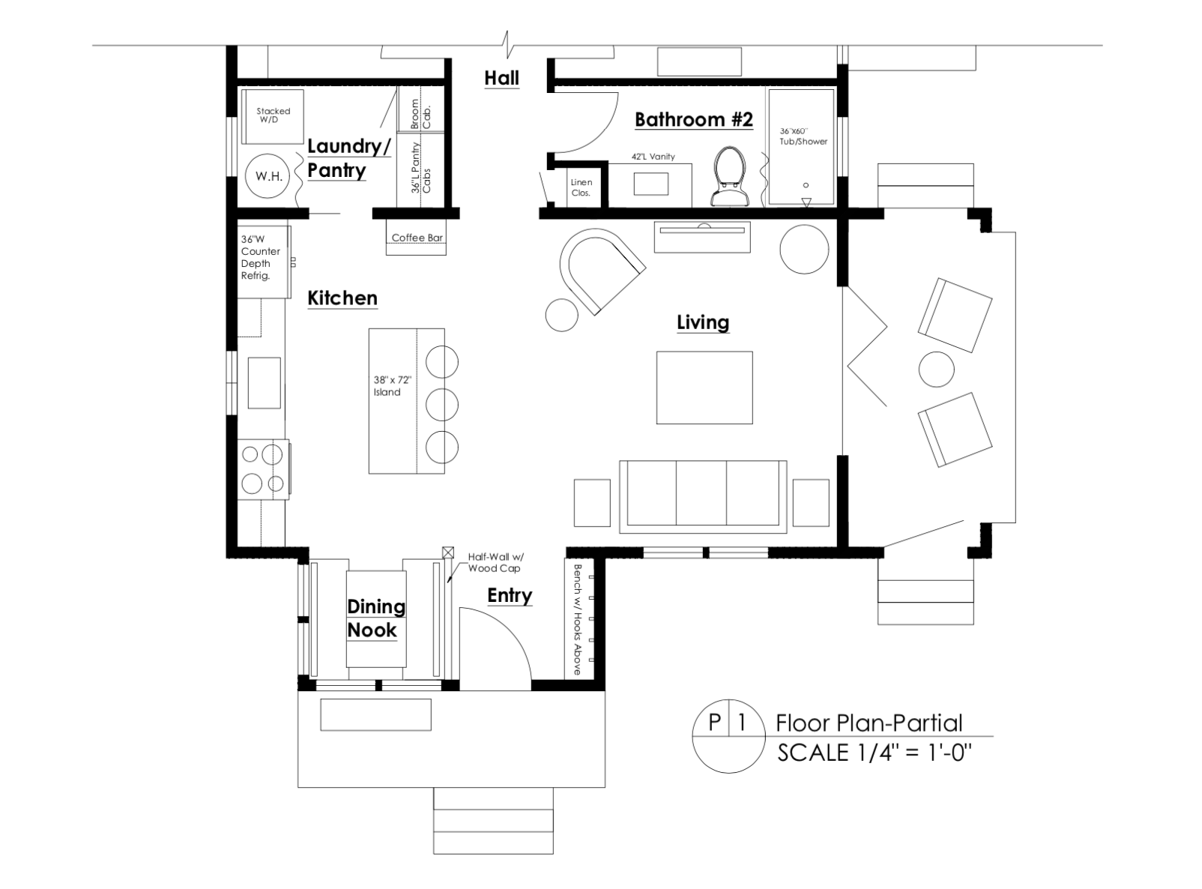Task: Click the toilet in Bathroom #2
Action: (731, 176)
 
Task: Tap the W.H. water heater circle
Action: (269, 175)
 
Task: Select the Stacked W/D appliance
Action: (273, 116)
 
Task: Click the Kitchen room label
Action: (342, 298)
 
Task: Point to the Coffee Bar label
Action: (417, 238)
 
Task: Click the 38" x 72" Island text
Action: (392, 386)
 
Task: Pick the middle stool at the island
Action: (441, 404)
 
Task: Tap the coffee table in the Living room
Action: (704, 388)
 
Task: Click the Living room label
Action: (703, 322)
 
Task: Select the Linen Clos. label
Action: (582, 187)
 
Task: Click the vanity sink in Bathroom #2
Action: (651, 184)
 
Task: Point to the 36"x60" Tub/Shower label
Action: (803, 136)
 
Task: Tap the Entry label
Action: (510, 595)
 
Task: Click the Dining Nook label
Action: (375, 618)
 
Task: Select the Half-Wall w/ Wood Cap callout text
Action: (495, 563)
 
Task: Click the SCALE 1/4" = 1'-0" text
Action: (875, 753)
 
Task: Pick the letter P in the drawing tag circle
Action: (715, 723)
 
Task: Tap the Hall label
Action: (501, 78)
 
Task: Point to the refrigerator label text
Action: (260, 258)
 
